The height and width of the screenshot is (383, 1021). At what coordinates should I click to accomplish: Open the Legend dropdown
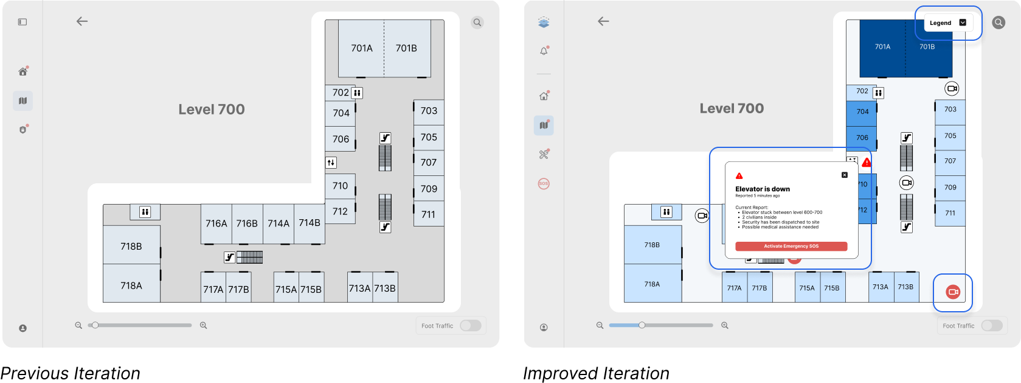point(948,23)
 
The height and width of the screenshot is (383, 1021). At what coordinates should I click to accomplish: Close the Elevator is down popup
point(844,175)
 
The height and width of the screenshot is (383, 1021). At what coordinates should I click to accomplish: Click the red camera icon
point(953,292)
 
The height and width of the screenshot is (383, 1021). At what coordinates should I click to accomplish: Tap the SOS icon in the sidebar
point(544,183)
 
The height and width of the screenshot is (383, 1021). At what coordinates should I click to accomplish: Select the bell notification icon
point(544,51)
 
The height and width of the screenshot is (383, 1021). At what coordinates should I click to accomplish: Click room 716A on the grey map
point(216,223)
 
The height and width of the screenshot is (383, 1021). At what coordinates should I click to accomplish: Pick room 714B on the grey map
point(309,223)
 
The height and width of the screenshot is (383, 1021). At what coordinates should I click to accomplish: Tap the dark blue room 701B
point(927,47)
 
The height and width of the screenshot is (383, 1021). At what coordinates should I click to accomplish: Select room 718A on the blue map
point(652,284)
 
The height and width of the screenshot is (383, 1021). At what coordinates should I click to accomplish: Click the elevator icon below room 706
point(331,163)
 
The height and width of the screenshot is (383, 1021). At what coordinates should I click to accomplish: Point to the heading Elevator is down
point(763,189)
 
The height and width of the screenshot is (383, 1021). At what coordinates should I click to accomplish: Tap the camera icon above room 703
point(952,89)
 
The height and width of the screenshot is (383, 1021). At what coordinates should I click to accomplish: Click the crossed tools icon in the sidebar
point(544,155)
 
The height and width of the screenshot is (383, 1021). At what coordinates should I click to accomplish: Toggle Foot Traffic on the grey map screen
point(470,326)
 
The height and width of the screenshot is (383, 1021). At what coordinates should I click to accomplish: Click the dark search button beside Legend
point(999,23)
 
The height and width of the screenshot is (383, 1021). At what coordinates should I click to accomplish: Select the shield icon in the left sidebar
point(23,130)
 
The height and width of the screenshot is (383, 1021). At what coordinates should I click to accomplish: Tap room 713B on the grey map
point(385,288)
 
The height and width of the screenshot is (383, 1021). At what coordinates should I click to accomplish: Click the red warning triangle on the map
point(867,163)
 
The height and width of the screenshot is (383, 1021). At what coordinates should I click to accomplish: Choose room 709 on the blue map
point(950,188)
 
